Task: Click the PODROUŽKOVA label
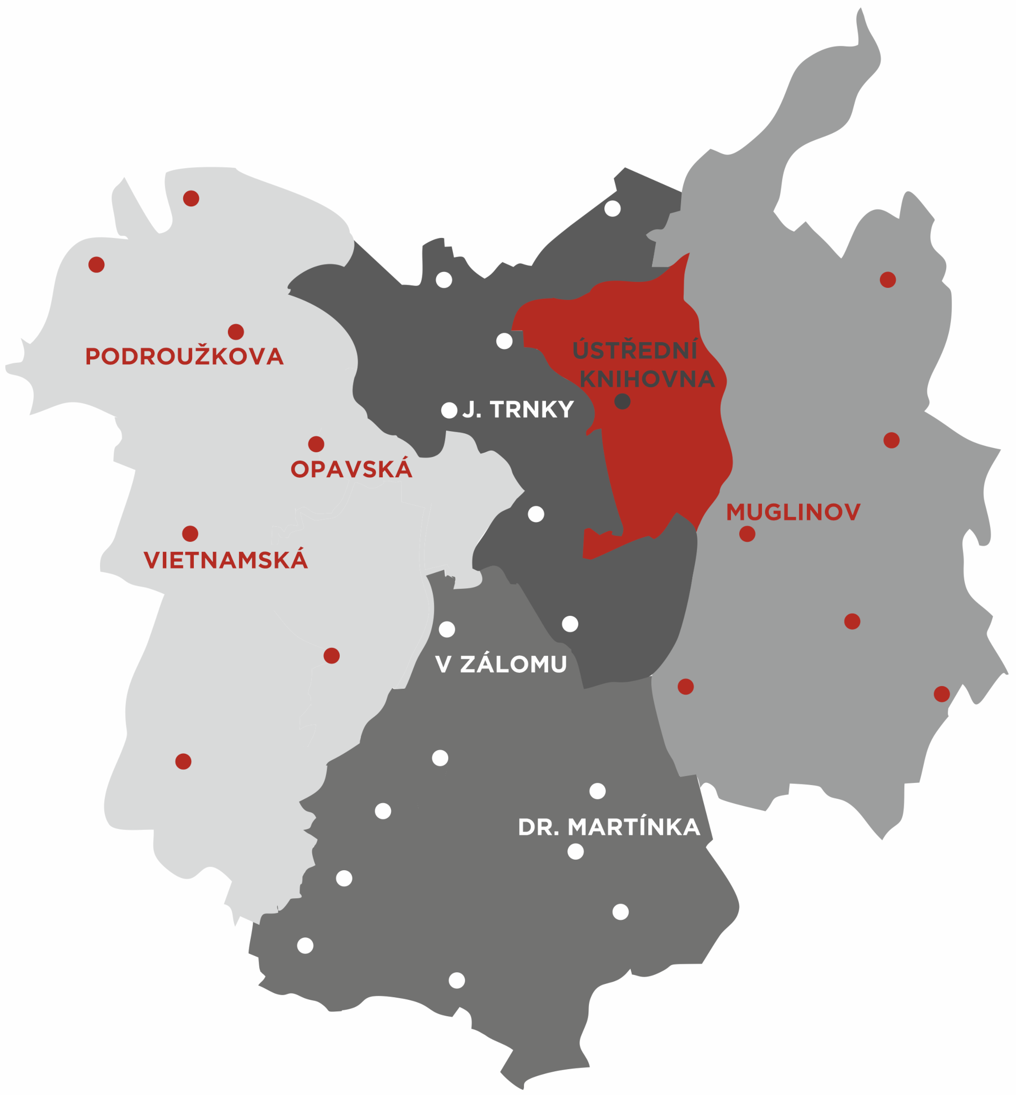click(184, 357)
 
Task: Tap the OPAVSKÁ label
click(351, 469)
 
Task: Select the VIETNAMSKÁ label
click(225, 560)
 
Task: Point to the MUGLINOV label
click(793, 512)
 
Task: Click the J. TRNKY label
click(518, 410)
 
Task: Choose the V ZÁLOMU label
click(501, 664)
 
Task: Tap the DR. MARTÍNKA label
click(609, 827)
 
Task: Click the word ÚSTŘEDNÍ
click(635, 351)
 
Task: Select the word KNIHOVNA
click(647, 379)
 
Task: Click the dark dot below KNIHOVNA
click(622, 402)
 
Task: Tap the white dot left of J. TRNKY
click(449, 410)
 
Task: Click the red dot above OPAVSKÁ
click(316, 444)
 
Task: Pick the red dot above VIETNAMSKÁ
click(190, 534)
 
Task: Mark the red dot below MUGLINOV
click(747, 534)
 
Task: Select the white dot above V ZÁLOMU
click(447, 629)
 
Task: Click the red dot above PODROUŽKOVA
click(236, 332)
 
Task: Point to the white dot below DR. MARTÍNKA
click(576, 852)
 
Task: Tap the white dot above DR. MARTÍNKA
click(597, 791)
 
